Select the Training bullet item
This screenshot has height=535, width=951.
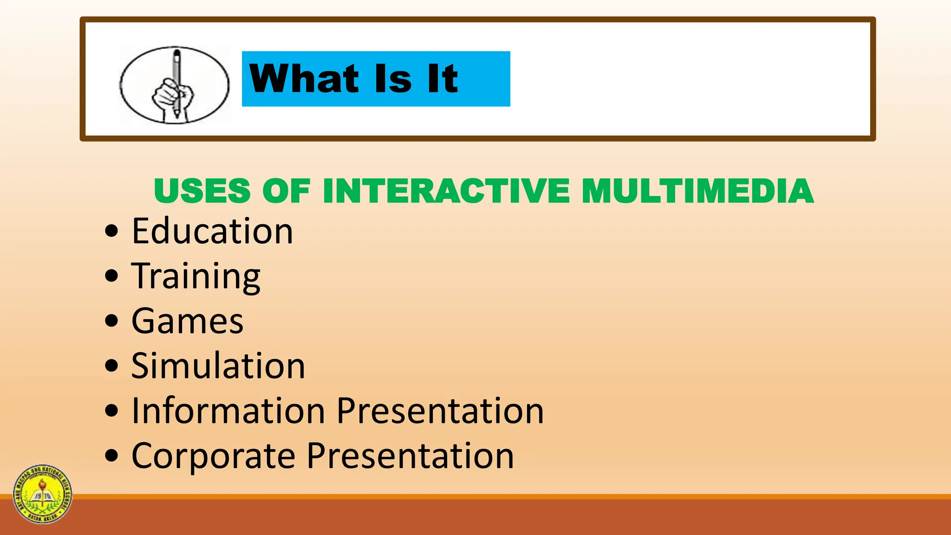click(195, 276)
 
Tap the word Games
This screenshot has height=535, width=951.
click(187, 321)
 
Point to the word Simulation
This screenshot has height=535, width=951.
click(218, 366)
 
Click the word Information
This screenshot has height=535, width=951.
click(228, 411)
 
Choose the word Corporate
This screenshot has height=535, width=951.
click(213, 456)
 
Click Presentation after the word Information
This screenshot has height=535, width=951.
click(440, 411)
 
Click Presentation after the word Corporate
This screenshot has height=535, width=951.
click(410, 456)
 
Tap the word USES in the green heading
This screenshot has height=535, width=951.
click(202, 191)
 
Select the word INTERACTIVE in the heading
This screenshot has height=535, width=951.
click(446, 191)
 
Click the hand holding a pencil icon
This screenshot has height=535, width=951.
click(175, 85)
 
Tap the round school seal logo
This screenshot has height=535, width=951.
click(43, 494)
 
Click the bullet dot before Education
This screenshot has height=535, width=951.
click(111, 231)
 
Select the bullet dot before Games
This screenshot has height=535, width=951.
click(111, 321)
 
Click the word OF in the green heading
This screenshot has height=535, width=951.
click(286, 191)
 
